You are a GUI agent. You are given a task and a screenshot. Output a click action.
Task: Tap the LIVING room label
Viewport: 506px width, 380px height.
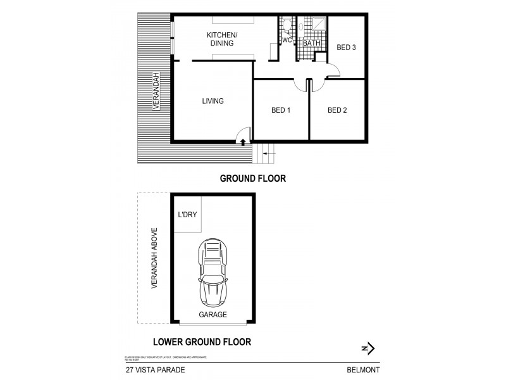click(213, 101)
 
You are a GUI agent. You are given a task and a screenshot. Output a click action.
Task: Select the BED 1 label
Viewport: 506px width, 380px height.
click(280, 110)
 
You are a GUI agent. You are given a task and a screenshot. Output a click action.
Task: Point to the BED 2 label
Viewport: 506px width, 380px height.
click(337, 110)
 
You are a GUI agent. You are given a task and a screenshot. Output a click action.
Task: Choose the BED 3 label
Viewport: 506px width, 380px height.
click(346, 47)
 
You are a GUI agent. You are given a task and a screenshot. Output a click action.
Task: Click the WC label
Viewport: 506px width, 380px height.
click(286, 41)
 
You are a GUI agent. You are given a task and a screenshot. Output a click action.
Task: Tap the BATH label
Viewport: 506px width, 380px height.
click(311, 43)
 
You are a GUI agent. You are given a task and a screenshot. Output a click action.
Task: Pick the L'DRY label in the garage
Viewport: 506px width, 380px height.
click(187, 215)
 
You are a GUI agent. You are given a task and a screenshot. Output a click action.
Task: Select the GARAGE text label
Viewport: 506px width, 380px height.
click(213, 314)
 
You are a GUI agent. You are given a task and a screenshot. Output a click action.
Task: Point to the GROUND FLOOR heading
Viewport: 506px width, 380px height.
click(252, 179)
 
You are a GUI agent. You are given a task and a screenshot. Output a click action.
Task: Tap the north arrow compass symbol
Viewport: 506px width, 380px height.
click(368, 348)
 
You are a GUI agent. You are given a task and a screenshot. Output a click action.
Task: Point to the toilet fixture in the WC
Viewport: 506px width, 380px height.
click(287, 25)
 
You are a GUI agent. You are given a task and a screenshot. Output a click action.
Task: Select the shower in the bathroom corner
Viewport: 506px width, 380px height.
click(317, 24)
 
